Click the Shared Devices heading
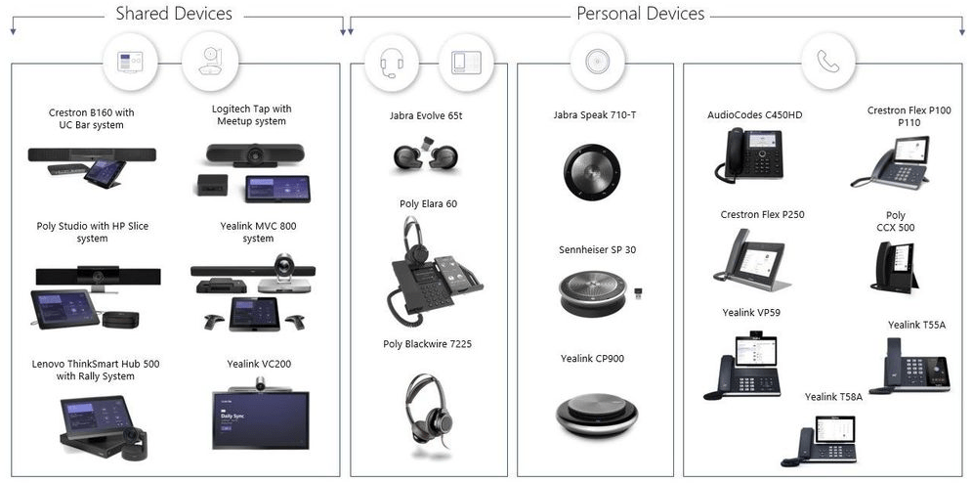[174, 14]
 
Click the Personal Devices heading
[641, 14]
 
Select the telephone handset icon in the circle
[828, 63]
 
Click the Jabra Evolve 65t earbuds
[422, 157]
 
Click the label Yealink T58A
[833, 397]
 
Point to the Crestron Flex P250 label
[762, 215]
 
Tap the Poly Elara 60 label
[428, 204]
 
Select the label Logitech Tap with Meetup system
[251, 115]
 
